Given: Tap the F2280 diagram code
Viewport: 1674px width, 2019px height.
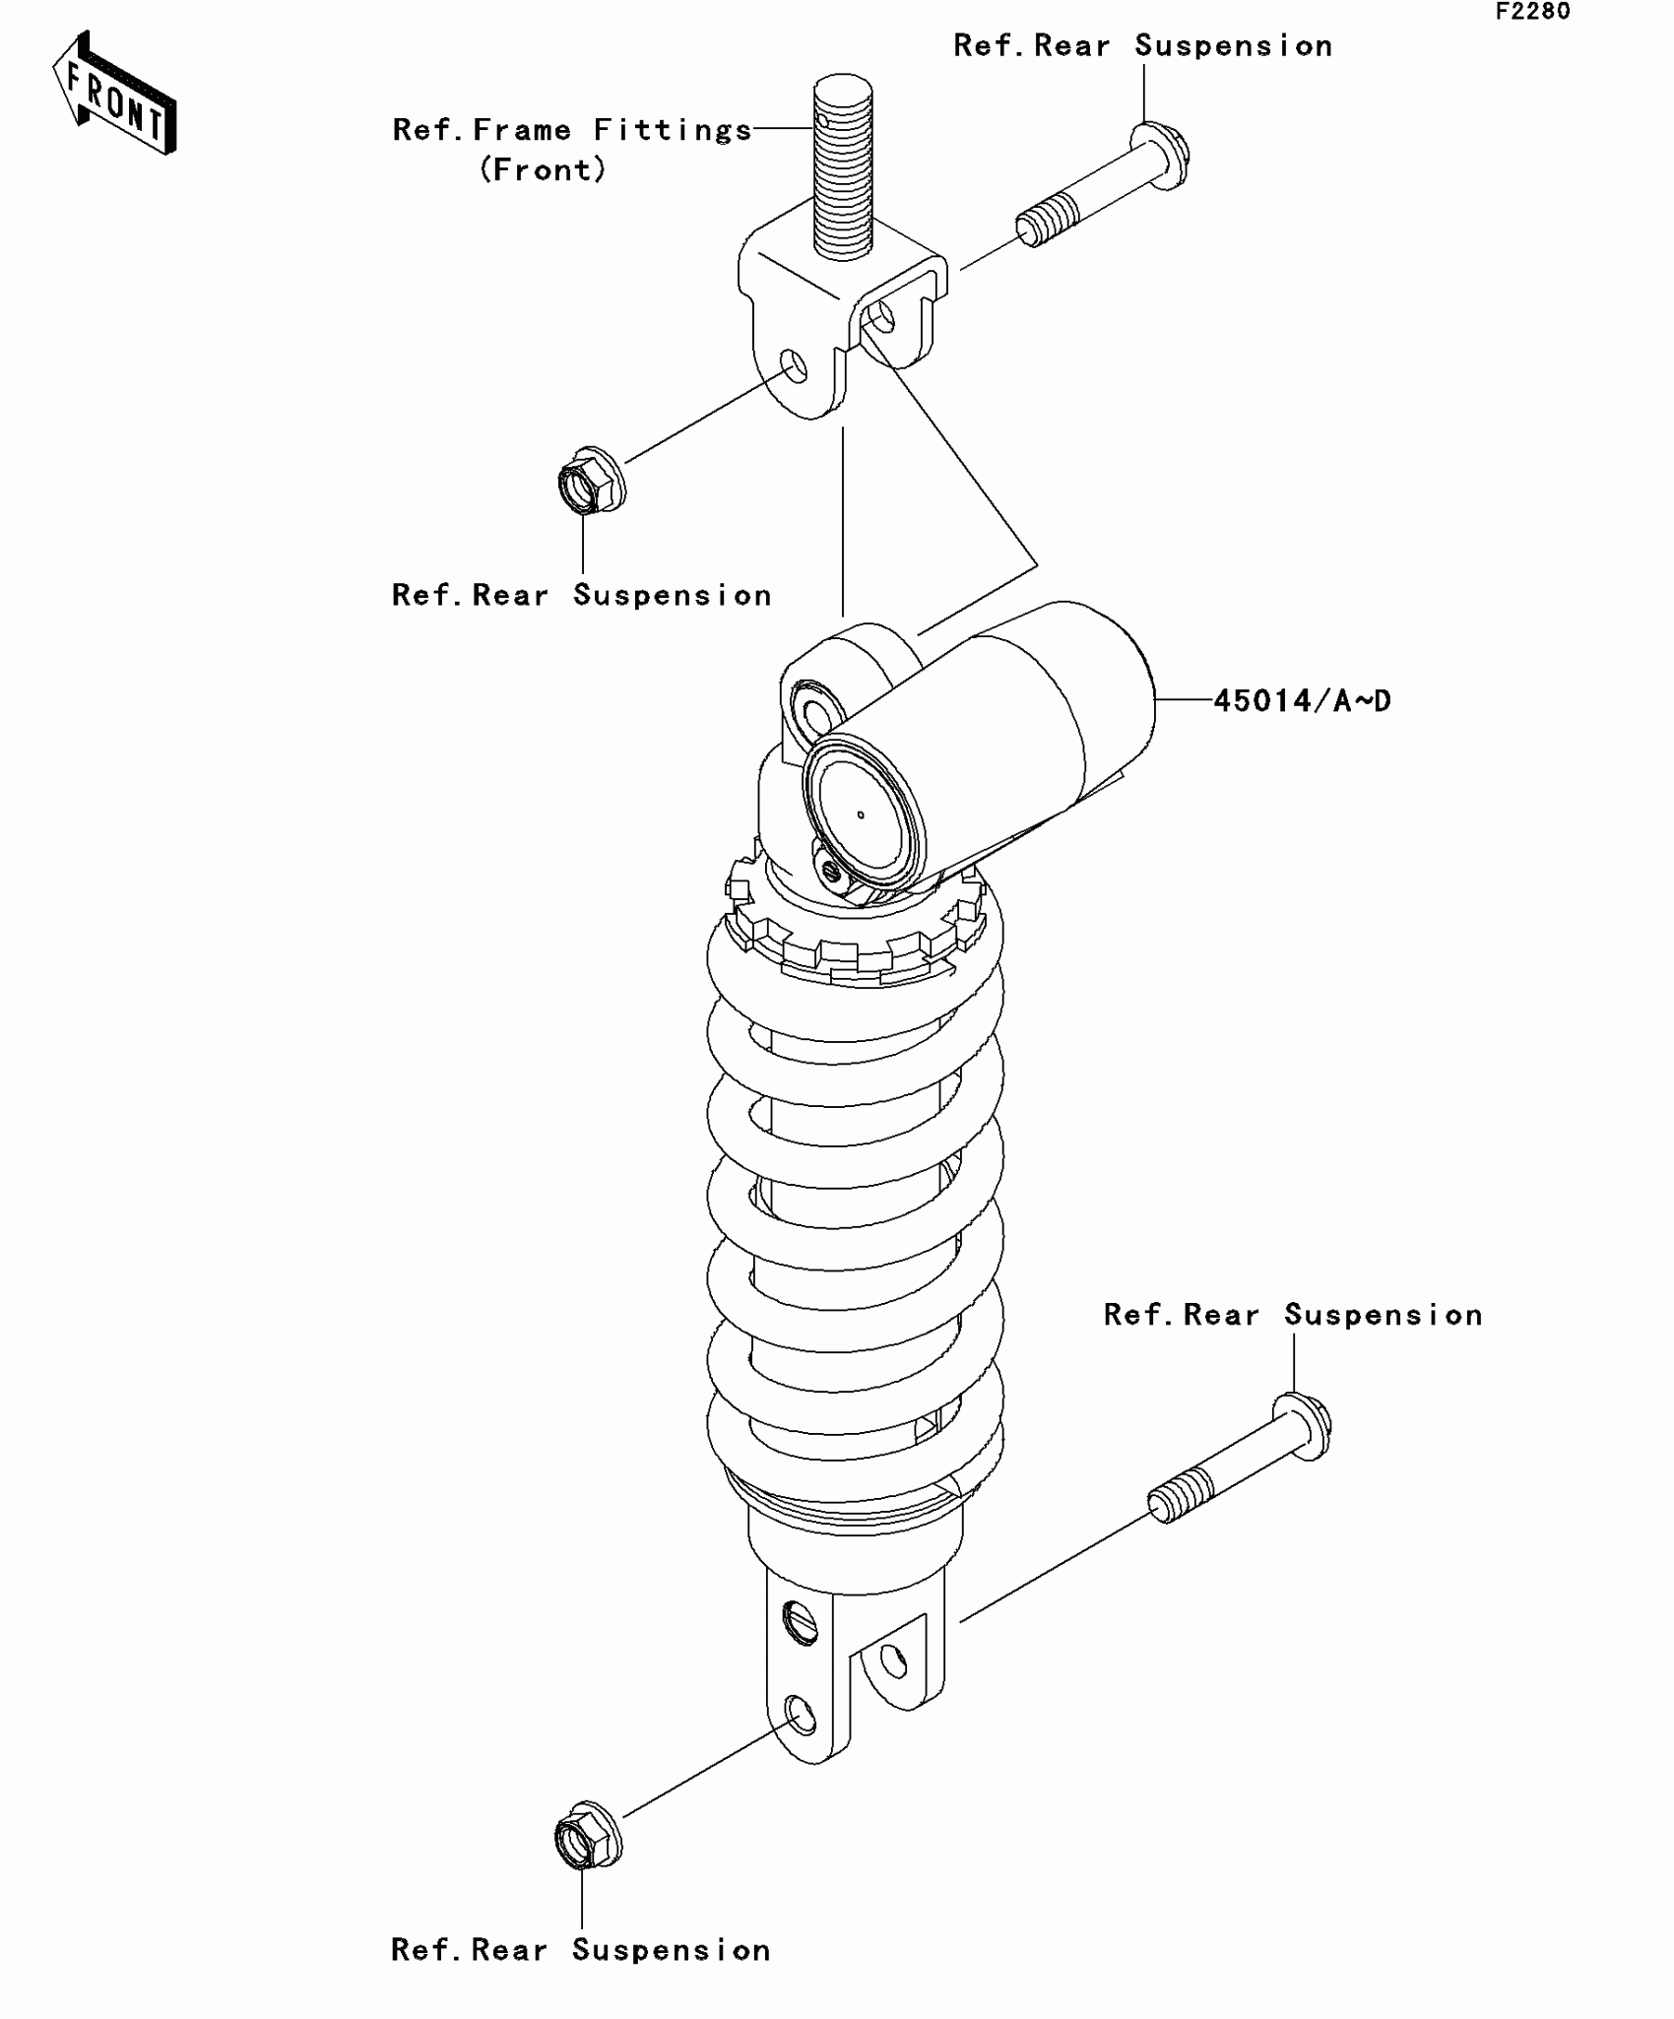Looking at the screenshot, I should coord(1533,12).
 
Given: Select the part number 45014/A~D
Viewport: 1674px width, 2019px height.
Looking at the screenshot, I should coord(1302,700).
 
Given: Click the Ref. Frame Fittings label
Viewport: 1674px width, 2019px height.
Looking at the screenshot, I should coord(572,130).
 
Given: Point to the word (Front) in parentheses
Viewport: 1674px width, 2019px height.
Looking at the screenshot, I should coord(543,169).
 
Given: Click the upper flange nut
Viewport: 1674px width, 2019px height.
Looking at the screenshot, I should coord(589,481).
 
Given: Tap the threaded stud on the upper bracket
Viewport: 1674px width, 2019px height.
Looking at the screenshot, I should coord(843,167).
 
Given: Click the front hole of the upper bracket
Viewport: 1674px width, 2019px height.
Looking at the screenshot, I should coord(795,365).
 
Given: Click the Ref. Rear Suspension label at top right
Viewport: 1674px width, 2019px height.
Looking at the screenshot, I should coord(1142,46).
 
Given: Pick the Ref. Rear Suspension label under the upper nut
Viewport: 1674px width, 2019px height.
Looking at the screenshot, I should coord(581,595).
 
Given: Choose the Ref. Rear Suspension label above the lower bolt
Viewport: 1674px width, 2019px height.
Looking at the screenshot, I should coord(1292,1315).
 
